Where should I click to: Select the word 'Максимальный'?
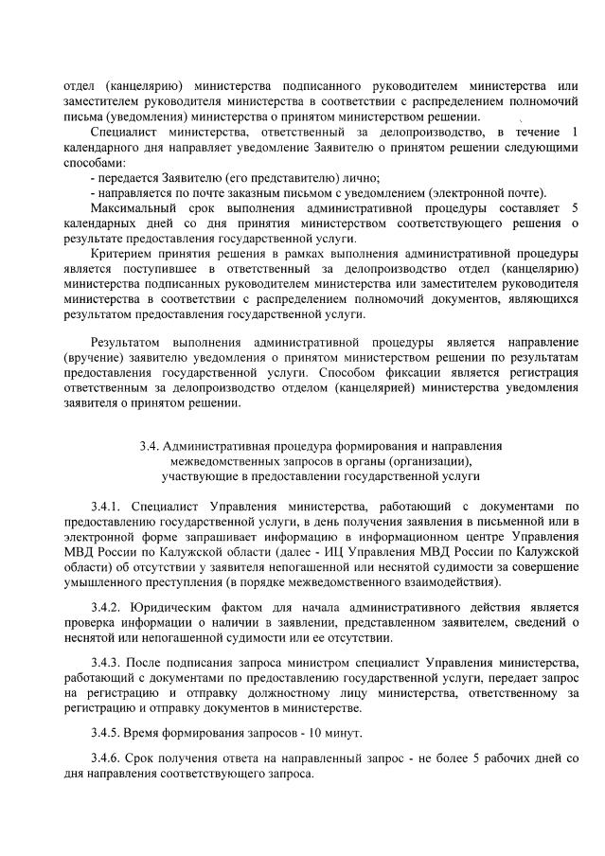pyautogui.click(x=135, y=207)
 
